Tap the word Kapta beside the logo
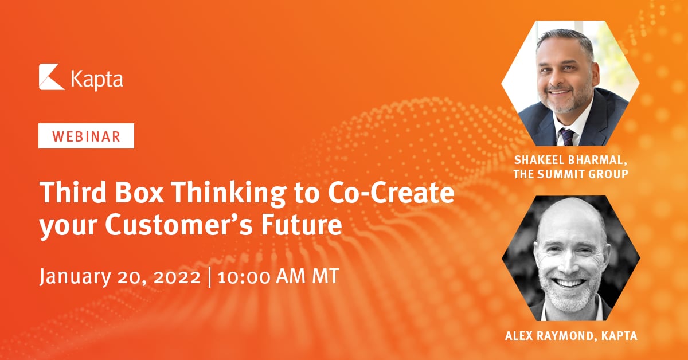(96, 79)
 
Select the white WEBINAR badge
(86, 137)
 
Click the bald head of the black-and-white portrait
(570, 221)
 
